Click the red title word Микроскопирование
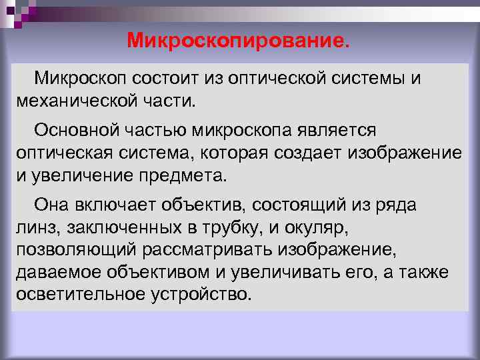(x=237, y=41)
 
